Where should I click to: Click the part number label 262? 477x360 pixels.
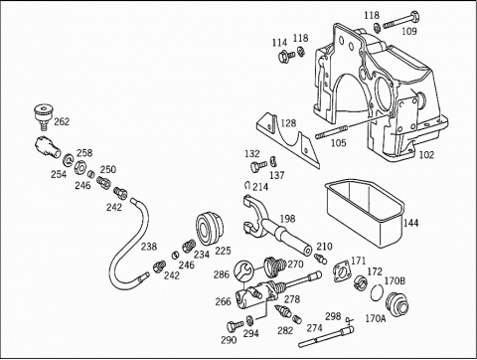pos(62,121)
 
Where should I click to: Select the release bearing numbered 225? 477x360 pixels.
pos(210,228)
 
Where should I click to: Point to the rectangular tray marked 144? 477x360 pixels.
pos(365,212)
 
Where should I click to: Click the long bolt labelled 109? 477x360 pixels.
pos(401,20)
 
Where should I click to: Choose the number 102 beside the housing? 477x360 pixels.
pos(426,155)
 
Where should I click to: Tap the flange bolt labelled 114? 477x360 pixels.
pos(286,56)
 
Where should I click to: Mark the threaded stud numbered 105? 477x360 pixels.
pos(331,131)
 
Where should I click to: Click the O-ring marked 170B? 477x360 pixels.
pos(377,292)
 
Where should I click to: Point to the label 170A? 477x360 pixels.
pos(376,318)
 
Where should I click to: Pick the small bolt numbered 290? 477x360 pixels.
pos(236,326)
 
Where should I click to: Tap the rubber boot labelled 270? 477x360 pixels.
pos(274,267)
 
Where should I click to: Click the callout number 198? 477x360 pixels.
pos(287,219)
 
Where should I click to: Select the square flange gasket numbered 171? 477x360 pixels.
pos(342,271)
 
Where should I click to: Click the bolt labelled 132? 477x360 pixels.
pos(258,165)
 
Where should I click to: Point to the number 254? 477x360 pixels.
pos(59,174)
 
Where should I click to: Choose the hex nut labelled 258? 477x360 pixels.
pos(80,166)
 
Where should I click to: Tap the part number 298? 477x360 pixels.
pos(333,316)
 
